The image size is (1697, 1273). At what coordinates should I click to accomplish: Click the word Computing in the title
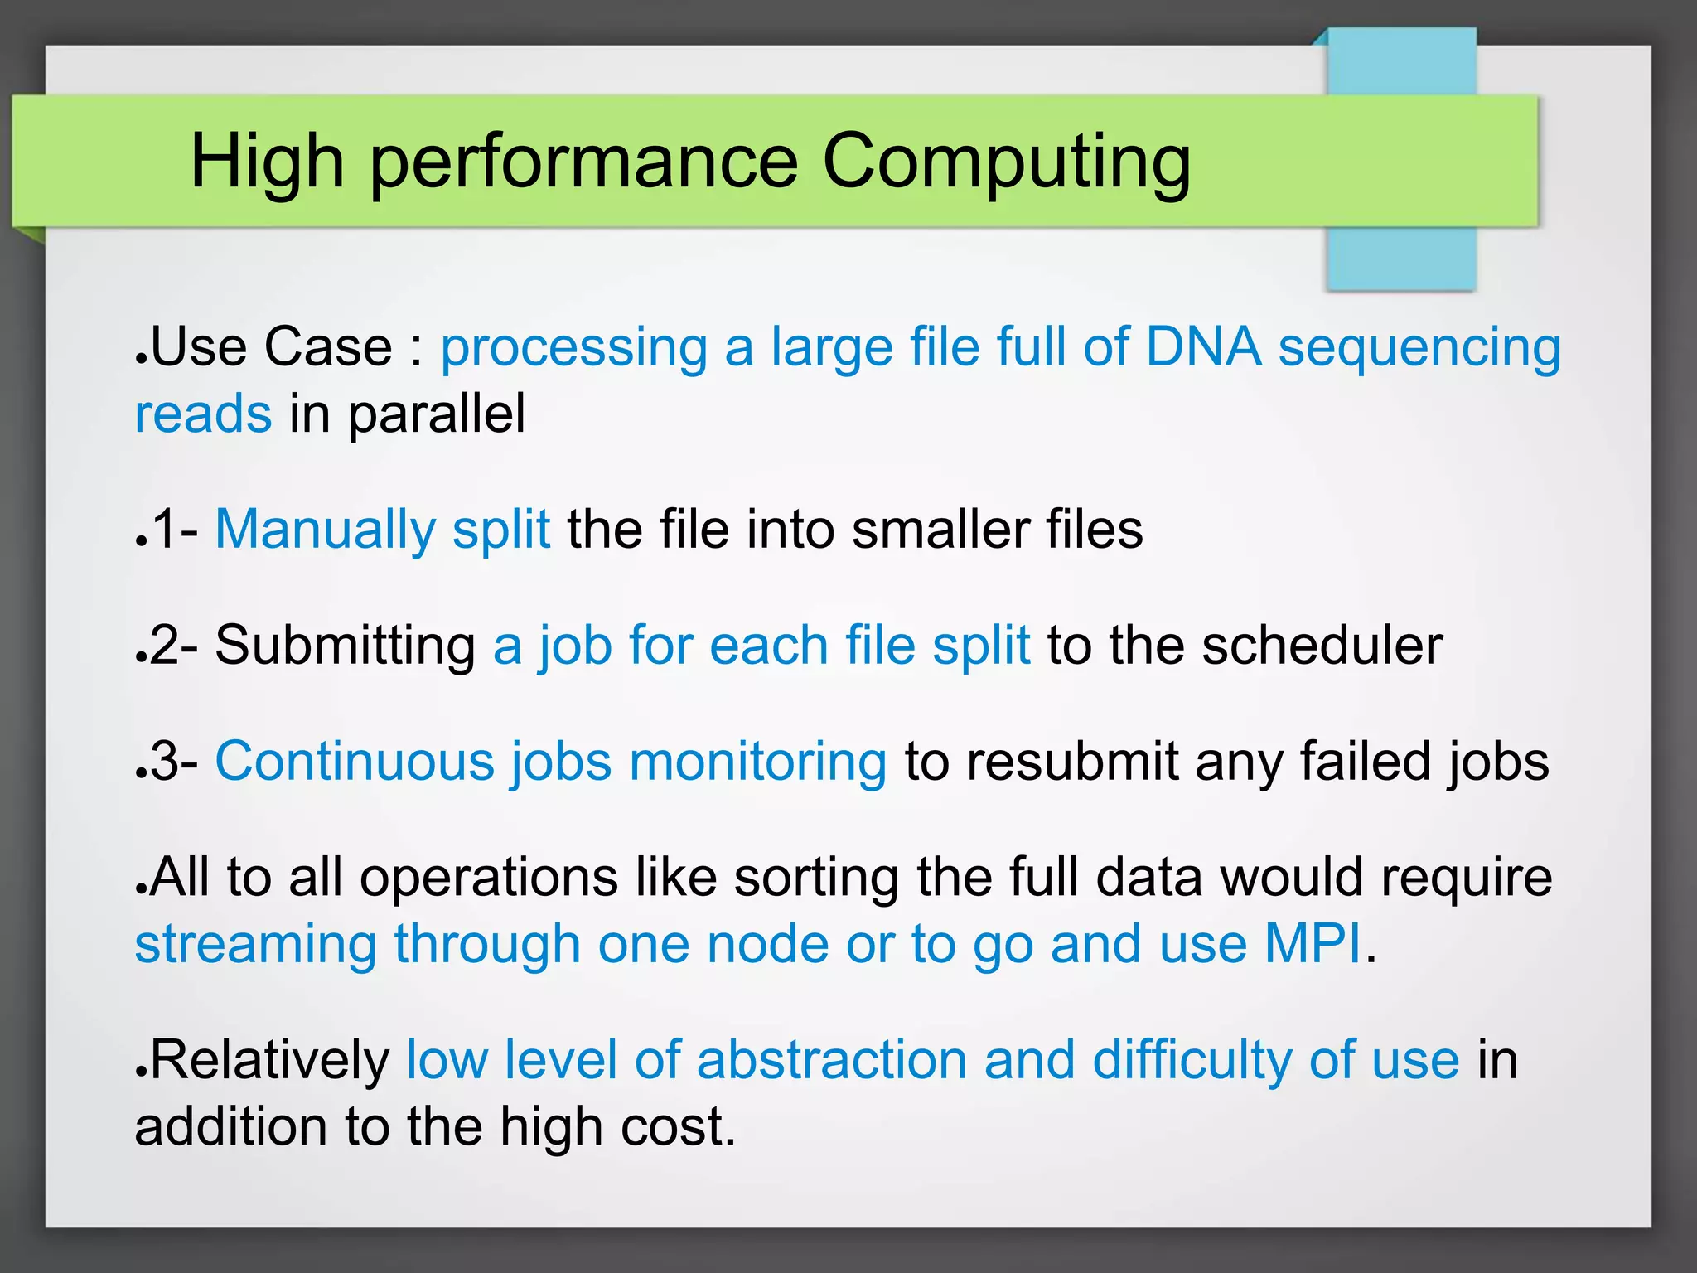1006,162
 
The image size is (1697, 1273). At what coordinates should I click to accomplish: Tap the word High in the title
267,162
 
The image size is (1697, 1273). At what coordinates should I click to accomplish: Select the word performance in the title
583,162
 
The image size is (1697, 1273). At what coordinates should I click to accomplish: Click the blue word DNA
1203,346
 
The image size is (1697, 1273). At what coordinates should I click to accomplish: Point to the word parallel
436,414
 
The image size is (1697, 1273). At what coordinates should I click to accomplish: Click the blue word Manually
325,530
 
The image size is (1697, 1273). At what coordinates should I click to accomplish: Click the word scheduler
1322,646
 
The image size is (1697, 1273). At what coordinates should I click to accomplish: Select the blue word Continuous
355,762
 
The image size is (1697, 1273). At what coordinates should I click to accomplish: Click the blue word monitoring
758,762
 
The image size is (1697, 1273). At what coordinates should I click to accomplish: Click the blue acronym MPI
1313,944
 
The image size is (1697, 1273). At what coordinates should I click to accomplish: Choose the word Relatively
270,1060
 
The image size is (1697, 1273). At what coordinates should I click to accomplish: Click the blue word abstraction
832,1060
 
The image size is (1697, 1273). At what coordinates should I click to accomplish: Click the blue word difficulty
1192,1060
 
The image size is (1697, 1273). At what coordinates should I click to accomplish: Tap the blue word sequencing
1419,346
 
